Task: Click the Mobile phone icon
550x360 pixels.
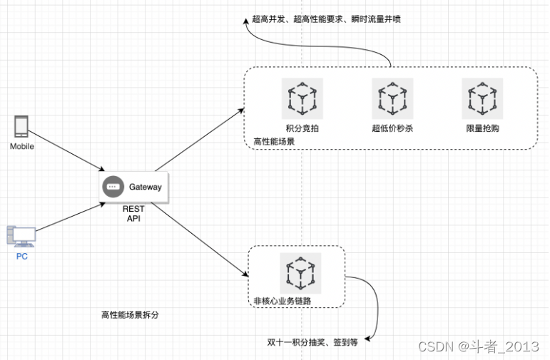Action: click(21, 127)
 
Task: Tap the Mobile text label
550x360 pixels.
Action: click(22, 146)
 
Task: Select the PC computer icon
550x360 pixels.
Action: click(21, 236)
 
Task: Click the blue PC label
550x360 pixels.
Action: click(22, 256)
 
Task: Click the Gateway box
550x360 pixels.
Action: click(133, 187)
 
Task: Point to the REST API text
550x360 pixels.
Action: click(133, 214)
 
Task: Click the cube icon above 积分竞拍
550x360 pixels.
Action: click(302, 98)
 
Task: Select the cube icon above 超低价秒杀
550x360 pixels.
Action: click(392, 98)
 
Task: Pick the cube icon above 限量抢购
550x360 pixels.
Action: click(482, 98)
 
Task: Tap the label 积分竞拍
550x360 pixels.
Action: click(302, 128)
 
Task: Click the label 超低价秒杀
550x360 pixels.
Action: click(392, 128)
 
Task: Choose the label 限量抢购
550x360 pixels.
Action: click(482, 128)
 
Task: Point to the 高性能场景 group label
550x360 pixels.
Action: click(274, 141)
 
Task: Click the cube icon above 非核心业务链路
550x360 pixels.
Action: click(300, 273)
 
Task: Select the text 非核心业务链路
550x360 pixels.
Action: click(282, 301)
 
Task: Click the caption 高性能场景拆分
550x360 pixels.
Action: click(130, 314)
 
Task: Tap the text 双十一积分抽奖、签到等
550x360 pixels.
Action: click(312, 342)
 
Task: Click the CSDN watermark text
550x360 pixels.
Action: click(478, 346)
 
